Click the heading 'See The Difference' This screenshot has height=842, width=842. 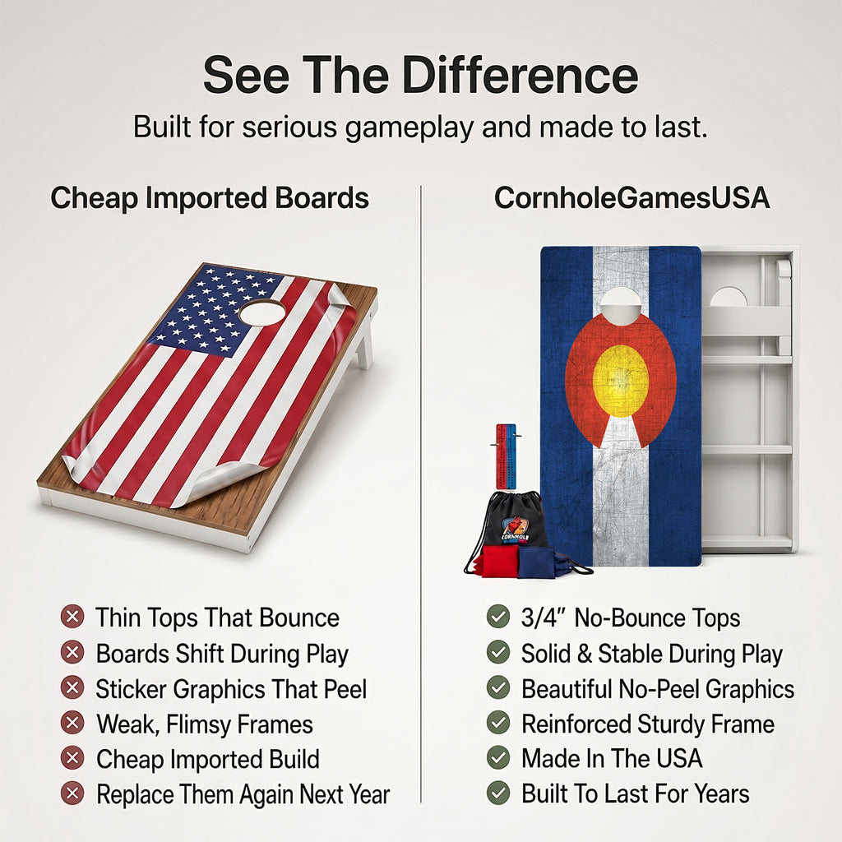[420, 75]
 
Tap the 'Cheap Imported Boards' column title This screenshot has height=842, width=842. [210, 197]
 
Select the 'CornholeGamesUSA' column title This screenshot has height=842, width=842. [631, 197]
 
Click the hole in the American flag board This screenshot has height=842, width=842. [262, 312]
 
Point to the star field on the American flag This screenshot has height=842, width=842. [215, 312]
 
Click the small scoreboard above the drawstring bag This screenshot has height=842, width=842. [506, 456]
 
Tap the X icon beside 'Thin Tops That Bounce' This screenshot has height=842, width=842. [72, 617]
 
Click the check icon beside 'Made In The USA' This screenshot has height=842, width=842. [497, 757]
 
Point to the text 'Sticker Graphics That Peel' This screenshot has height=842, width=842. [231, 689]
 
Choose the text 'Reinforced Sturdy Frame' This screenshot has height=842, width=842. [648, 724]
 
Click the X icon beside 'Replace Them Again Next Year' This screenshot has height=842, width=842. [72, 793]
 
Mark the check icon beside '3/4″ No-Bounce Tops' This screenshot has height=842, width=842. [497, 617]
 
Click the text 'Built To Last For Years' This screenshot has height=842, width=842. [636, 793]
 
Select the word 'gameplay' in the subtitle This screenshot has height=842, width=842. [409, 129]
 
